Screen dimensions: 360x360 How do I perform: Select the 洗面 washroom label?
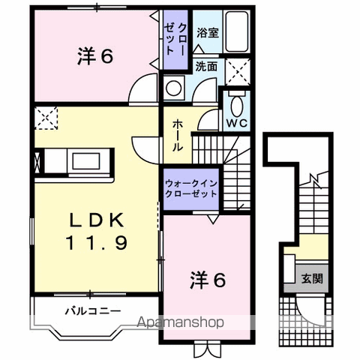tap(206, 66)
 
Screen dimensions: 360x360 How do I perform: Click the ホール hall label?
tap(178, 136)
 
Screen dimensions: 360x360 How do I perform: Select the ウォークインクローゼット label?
tap(191, 187)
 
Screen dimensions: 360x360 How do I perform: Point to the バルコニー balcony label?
tap(92, 309)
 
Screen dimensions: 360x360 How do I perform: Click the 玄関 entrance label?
tap(313, 278)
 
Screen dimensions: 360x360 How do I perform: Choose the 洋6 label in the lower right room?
tap(206, 280)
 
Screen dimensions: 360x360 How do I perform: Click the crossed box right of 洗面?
tap(239, 72)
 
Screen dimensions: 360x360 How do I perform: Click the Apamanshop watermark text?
tap(179, 323)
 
